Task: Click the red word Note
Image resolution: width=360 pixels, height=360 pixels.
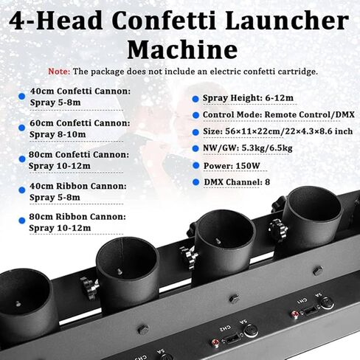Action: click(59, 72)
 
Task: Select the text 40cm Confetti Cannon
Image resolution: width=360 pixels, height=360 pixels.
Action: click(80, 91)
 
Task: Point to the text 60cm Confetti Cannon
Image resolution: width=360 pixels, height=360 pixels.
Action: click(80, 123)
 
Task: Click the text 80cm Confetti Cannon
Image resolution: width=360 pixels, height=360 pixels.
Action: click(80, 155)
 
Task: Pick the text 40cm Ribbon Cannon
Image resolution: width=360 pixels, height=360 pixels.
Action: click(77, 187)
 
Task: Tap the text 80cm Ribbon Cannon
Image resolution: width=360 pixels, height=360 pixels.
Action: click(77, 218)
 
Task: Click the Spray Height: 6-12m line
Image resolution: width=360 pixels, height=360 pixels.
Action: click(240, 98)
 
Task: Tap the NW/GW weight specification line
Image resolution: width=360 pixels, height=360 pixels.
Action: click(251, 148)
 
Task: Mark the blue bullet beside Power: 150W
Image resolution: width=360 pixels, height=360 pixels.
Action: click(195, 165)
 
